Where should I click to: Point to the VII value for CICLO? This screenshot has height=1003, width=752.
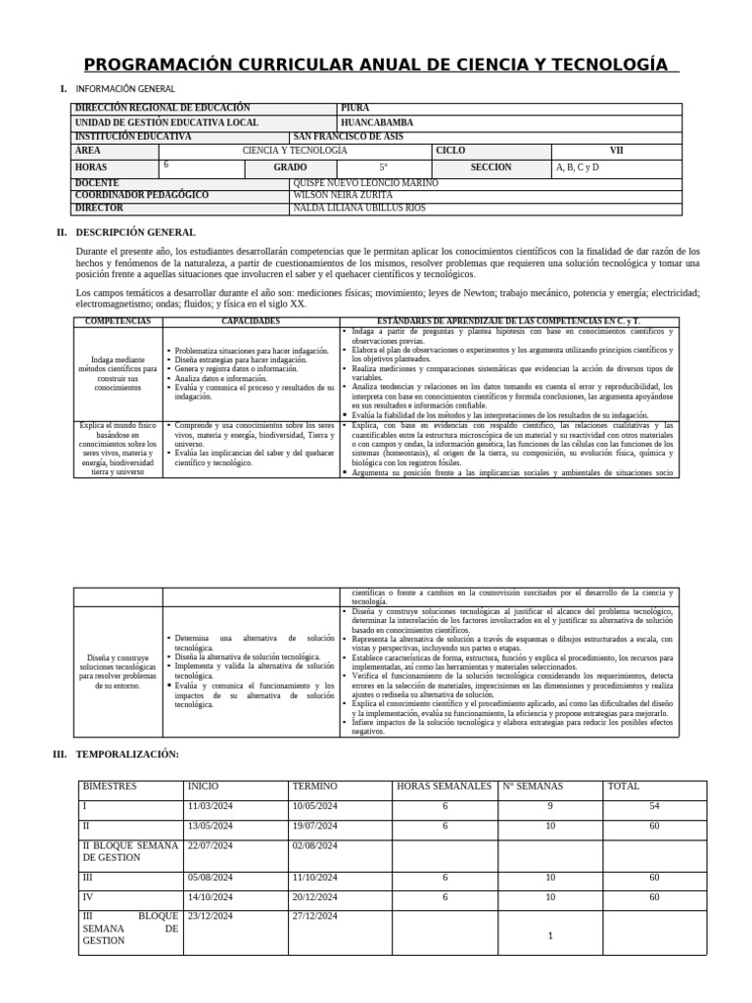pos(616,151)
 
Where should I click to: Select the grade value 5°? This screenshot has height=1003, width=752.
pos(384,167)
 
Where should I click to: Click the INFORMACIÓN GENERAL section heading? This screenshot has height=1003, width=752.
pos(125,89)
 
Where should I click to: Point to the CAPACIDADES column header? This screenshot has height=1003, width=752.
pos(250,321)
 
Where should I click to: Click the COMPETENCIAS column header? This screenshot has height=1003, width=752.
pos(117,321)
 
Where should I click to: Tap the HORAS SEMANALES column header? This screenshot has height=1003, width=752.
pos(444,787)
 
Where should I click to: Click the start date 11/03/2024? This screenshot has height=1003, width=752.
pos(211,806)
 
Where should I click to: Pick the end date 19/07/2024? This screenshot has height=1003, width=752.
pos(314,826)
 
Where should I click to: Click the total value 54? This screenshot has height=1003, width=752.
pos(654,806)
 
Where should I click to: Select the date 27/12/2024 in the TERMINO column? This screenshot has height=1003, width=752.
pos(314,916)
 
